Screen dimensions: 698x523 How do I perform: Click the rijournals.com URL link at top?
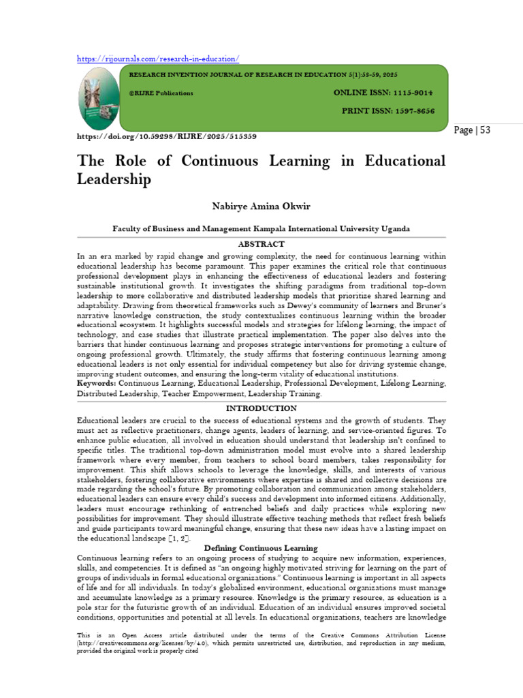(157, 59)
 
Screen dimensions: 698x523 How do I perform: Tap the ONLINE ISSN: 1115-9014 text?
(383, 92)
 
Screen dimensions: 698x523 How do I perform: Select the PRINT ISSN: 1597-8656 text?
(388, 110)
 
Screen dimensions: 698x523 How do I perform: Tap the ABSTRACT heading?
(261, 243)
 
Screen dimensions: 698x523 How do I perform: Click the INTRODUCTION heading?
(261, 408)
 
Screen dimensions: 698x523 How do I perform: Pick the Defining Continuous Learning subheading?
(261, 548)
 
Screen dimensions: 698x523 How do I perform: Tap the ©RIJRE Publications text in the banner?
(161, 93)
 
